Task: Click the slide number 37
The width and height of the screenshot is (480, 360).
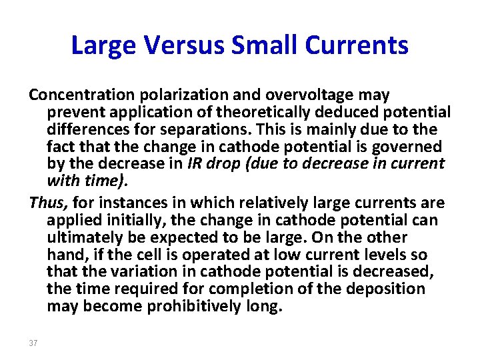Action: [33, 343]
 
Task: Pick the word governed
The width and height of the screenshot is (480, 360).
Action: [413, 147]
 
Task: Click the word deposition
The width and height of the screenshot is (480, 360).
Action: [387, 289]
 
